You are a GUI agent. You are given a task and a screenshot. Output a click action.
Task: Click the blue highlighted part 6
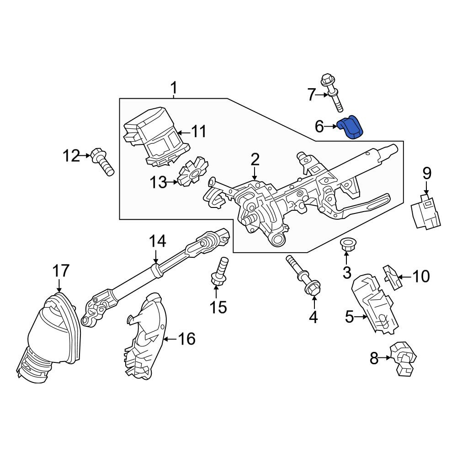(x=351, y=128)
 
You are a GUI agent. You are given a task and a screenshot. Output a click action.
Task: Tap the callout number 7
(x=312, y=95)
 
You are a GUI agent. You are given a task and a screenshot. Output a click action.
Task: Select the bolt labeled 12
(x=102, y=162)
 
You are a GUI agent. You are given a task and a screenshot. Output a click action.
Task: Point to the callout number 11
(x=199, y=132)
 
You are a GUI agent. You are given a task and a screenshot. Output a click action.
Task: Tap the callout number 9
(x=427, y=174)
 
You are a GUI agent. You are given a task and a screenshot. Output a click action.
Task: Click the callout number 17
(x=61, y=271)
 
